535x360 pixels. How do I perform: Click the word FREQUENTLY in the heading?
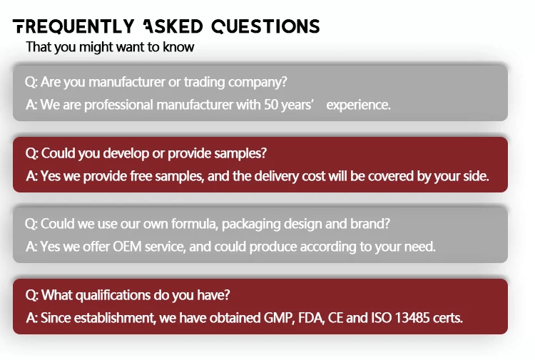[73, 26]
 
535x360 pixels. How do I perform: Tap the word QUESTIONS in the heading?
[265, 26]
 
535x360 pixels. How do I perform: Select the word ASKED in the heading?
[173, 26]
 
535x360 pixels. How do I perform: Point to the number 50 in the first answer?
[271, 105]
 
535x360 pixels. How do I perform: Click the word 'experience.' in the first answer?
[358, 105]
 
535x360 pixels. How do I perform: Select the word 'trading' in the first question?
[205, 82]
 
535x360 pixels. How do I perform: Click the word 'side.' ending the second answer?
[476, 176]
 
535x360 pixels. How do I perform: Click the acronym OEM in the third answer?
[127, 247]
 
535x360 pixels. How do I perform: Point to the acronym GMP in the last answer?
[278, 318]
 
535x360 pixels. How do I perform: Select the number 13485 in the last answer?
[412, 318]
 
